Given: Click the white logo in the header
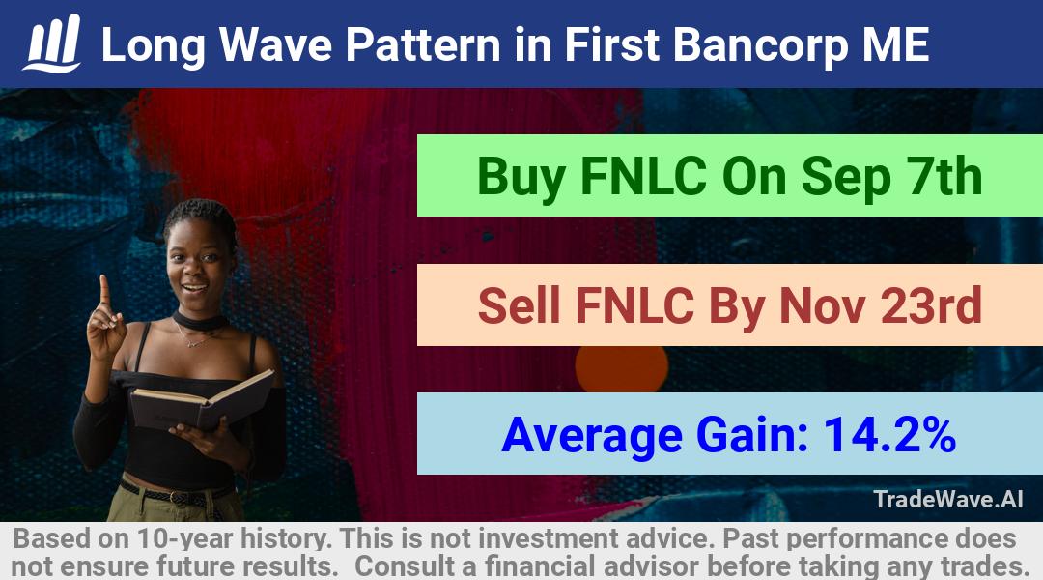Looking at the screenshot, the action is (52, 43).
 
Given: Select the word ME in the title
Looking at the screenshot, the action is (895, 45).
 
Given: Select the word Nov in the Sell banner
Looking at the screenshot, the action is (822, 305).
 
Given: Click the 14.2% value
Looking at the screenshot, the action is (890, 435).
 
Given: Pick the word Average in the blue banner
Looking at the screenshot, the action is (592, 436).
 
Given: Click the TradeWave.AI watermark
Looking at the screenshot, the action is (948, 499).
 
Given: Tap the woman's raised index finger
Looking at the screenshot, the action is (103, 290).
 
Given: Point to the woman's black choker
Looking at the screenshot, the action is (201, 322).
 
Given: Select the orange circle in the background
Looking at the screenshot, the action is (621, 368).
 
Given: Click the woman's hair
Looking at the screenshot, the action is (200, 217).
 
